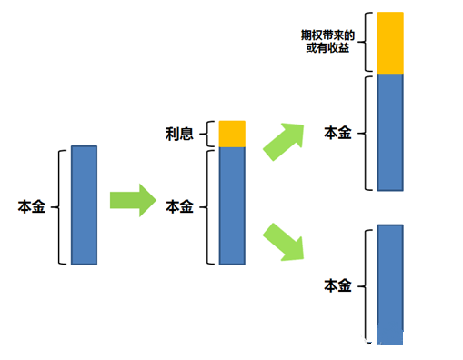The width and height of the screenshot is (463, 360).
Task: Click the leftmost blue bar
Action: tap(83, 205)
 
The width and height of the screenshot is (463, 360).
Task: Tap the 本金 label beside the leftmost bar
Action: tap(31, 206)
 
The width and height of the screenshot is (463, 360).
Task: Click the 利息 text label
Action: tap(180, 135)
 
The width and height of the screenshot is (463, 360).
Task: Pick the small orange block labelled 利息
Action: tap(232, 134)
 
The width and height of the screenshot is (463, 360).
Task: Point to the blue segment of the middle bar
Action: tap(232, 205)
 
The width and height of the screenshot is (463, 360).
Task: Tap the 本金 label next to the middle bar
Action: tap(180, 206)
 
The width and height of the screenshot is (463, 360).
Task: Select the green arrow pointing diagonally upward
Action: tap(284, 137)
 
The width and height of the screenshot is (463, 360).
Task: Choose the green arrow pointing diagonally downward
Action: tap(284, 241)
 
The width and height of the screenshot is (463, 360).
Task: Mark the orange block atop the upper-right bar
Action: tap(390, 43)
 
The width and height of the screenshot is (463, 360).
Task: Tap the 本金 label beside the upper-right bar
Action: tap(337, 133)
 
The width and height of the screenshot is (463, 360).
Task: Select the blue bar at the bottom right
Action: tap(390, 285)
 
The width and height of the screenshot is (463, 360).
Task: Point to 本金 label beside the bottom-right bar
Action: tap(337, 285)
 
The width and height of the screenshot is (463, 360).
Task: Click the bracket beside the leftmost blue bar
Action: tap(59, 206)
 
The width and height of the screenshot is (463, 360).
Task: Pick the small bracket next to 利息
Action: tap(211, 134)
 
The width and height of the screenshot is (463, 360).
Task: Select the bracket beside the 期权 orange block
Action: tap(366, 42)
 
